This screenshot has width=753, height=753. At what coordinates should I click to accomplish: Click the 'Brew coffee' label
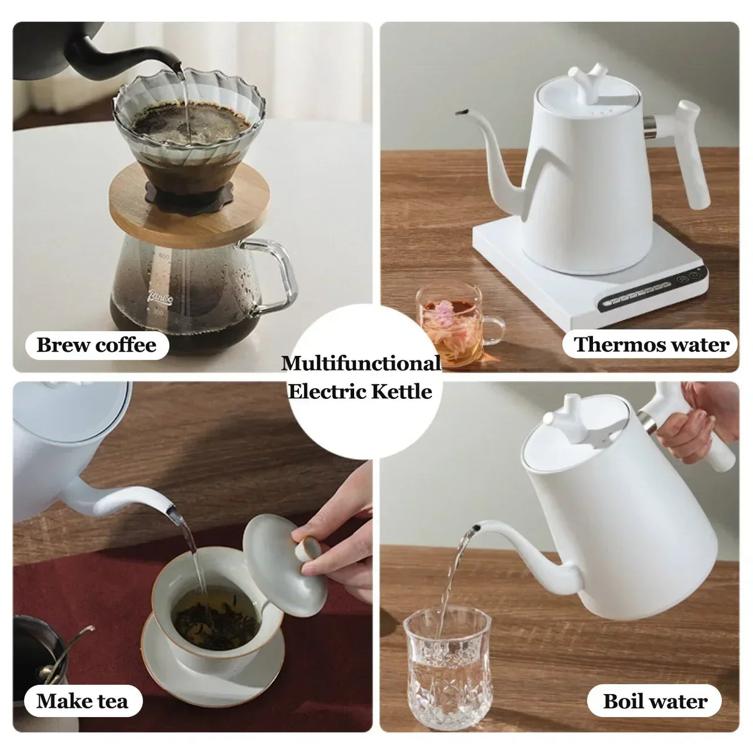tap(96, 345)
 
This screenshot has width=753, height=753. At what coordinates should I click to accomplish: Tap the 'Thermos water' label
tap(651, 345)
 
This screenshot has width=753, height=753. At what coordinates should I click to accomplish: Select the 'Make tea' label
tap(82, 702)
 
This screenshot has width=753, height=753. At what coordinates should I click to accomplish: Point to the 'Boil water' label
tap(654, 702)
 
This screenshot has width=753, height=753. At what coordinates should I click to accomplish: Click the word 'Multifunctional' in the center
tap(360, 363)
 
